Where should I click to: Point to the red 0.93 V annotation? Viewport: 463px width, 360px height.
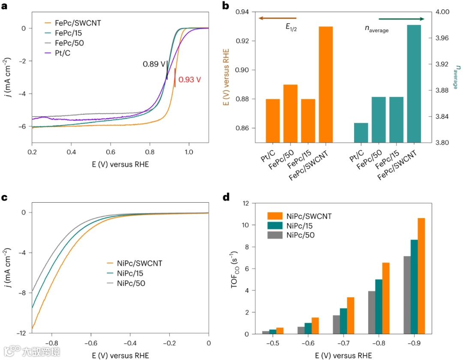click(190, 79)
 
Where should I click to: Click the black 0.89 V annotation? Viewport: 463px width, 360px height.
click(154, 64)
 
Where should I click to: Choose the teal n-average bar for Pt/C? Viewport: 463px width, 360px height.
click(361, 132)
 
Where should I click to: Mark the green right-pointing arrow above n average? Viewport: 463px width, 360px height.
click(401, 19)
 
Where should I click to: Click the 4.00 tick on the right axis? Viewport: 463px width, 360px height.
click(438, 12)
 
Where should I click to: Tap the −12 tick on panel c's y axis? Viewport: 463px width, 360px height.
click(21, 333)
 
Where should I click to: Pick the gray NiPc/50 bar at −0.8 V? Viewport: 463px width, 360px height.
click(371, 312)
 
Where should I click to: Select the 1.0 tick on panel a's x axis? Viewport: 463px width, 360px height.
click(189, 152)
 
